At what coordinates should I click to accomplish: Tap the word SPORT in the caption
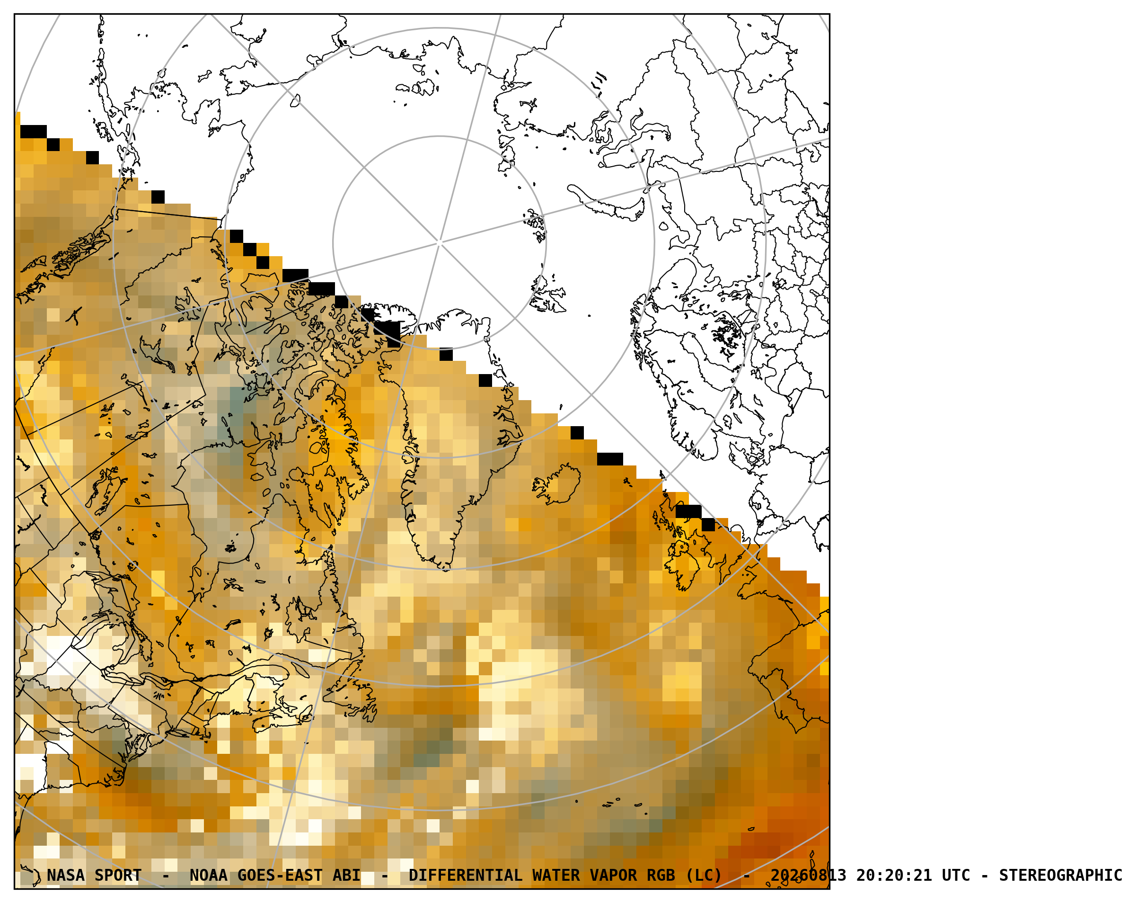coord(118,876)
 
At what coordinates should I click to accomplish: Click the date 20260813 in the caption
coord(809,876)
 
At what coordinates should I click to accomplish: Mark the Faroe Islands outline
coord(627,482)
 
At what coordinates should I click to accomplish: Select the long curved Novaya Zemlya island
coord(607,202)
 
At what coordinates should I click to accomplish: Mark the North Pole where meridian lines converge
coord(440,243)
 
